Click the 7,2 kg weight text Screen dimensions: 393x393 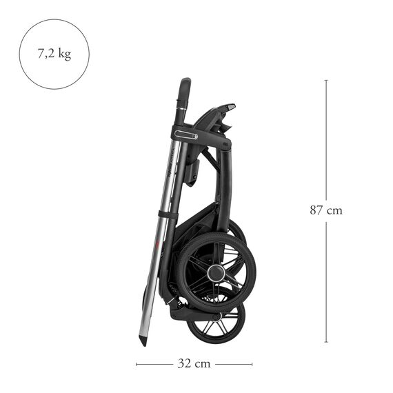pos(54,54)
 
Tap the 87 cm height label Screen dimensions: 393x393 pos(325,210)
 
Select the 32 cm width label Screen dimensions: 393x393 pos(194,363)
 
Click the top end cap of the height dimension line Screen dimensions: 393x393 pos(326,80)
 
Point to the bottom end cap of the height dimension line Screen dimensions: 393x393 pos(326,342)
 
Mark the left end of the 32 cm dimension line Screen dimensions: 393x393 pos(137,363)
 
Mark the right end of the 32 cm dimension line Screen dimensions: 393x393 pos(252,363)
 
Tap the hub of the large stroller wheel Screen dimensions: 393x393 pos(216,272)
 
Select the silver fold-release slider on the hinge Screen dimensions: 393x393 pos(186,135)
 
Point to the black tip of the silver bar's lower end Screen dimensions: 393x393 pos(144,340)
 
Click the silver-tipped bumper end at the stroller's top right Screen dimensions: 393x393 pos(230,108)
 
